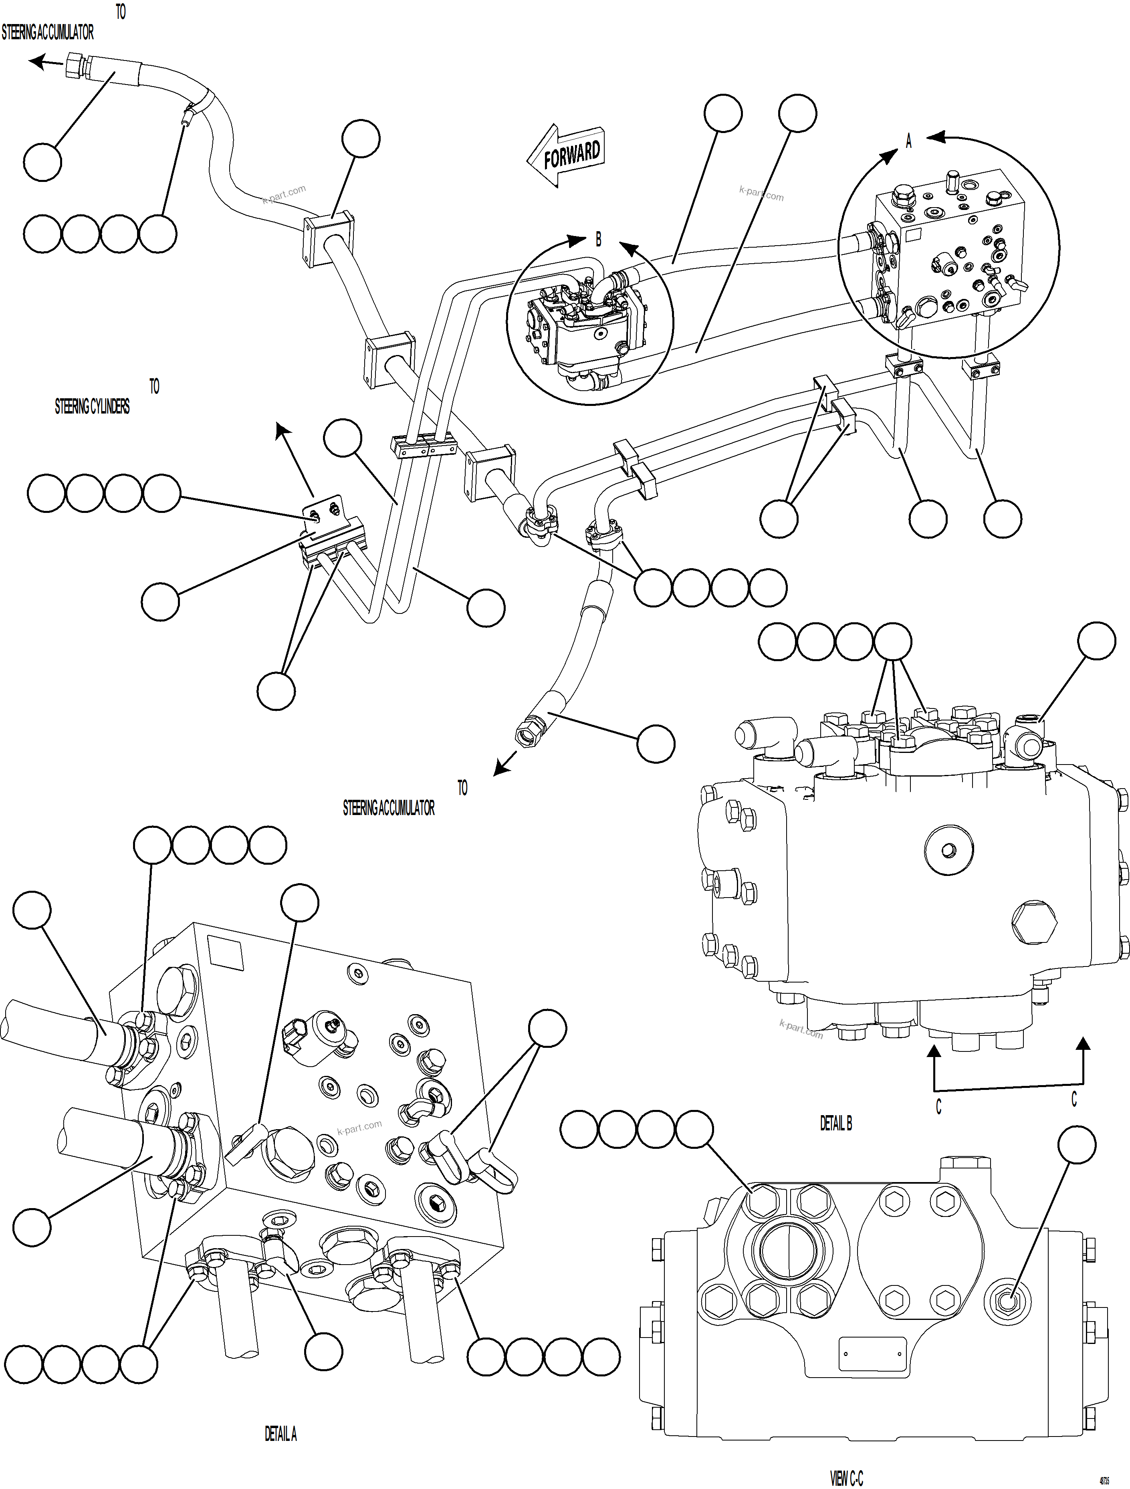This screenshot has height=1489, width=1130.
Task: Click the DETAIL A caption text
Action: click(280, 1434)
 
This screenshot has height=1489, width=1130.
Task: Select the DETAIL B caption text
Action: click(836, 1123)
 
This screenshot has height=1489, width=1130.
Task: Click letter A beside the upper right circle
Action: click(908, 142)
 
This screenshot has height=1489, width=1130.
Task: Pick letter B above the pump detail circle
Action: click(598, 239)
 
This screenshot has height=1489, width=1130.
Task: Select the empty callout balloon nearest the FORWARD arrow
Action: click(724, 113)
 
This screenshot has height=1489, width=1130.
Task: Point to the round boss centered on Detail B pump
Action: click(949, 851)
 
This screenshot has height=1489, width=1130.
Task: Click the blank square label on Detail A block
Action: click(226, 953)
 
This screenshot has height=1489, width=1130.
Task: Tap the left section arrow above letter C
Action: click(934, 1053)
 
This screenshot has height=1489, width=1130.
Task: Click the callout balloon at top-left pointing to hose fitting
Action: click(42, 162)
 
